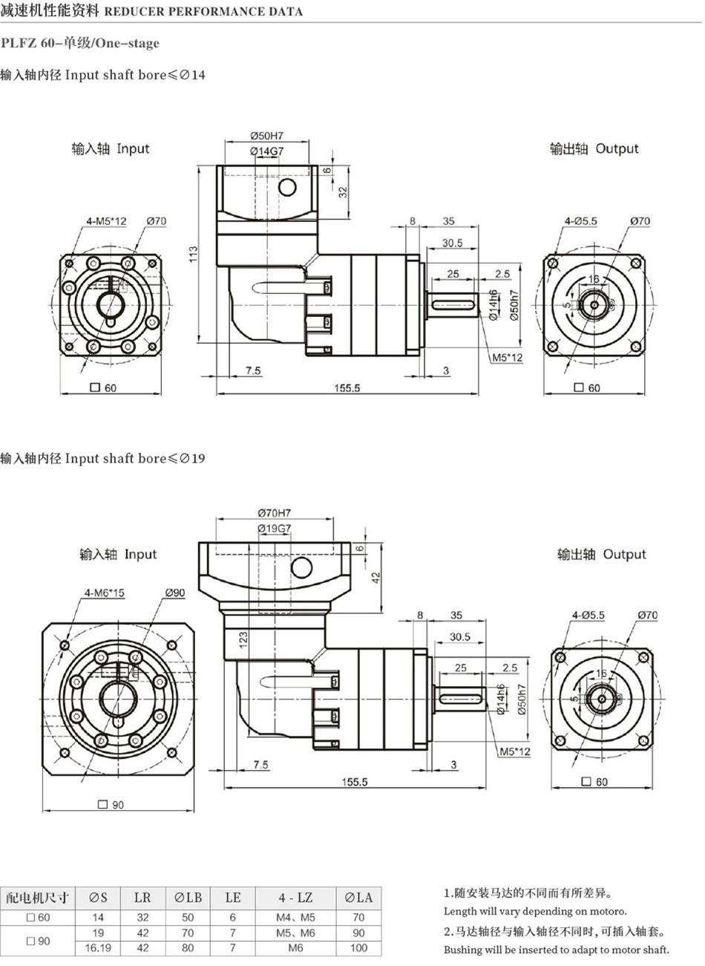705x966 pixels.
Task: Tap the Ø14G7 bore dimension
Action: tap(268, 151)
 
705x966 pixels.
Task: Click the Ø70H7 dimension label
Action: tap(275, 513)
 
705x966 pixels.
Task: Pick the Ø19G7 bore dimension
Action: tap(275, 528)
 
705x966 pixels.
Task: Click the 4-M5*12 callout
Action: tap(106, 221)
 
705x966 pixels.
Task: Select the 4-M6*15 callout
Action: tap(105, 593)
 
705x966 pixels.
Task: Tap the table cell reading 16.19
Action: tap(98, 947)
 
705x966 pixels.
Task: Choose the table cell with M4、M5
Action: tap(295, 917)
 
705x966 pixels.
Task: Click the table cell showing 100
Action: tap(358, 947)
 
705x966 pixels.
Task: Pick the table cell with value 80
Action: tap(188, 947)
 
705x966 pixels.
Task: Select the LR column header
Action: tap(142, 898)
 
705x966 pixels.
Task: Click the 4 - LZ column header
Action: tap(295, 898)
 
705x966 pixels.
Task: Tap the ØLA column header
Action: tap(358, 898)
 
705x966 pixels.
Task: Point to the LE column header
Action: tap(232, 898)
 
